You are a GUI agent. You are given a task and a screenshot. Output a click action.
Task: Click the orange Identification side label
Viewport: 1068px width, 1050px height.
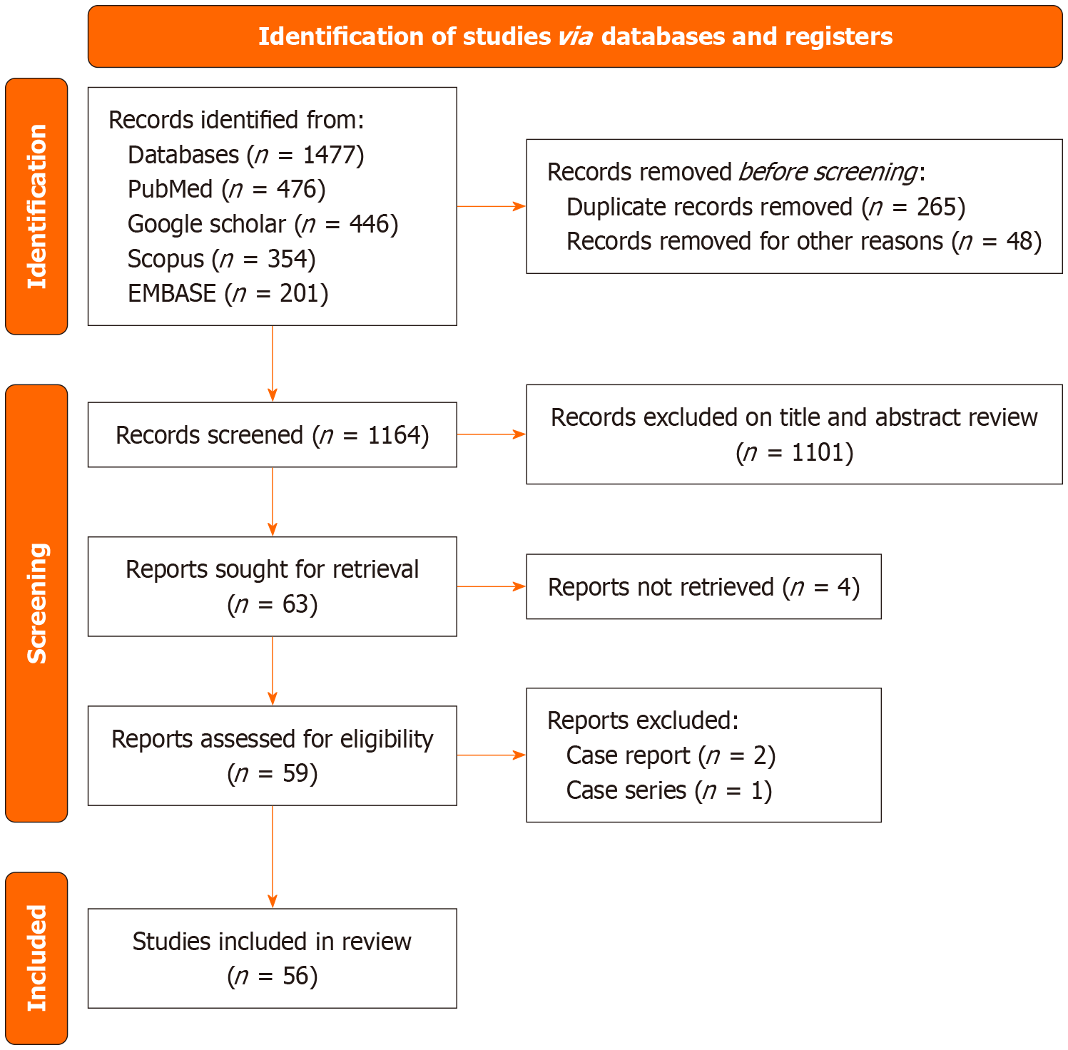pos(36,206)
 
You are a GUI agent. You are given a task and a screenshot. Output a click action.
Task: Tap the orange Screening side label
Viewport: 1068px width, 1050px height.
pos(36,603)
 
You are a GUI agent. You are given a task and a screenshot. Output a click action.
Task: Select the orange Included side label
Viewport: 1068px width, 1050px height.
pos(36,957)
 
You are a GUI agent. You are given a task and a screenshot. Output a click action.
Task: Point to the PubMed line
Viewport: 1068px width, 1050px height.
pos(226,189)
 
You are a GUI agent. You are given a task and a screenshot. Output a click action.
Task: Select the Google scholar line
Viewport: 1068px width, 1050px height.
pos(263,224)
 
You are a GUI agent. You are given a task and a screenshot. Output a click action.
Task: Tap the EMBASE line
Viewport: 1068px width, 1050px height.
pos(228,293)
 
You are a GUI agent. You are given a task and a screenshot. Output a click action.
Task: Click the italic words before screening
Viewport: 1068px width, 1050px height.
pos(827,172)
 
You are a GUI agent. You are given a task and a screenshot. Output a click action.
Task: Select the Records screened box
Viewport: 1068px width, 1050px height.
pos(272,434)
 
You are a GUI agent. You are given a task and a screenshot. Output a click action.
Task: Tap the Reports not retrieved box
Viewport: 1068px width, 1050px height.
pos(703,586)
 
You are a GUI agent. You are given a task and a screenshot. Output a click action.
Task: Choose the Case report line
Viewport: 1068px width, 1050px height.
pos(670,755)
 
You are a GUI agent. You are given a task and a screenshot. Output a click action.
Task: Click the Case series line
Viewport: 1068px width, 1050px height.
pos(668,790)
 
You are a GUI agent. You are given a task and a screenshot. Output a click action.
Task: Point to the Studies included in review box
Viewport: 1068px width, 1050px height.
pos(272,957)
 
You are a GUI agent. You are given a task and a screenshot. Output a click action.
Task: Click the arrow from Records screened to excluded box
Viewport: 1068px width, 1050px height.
pos(491,434)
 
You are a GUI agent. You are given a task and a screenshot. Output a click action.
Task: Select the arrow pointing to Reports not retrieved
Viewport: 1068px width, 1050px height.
pos(491,586)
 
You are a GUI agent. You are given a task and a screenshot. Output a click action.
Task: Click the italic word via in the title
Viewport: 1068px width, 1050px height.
pos(575,36)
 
